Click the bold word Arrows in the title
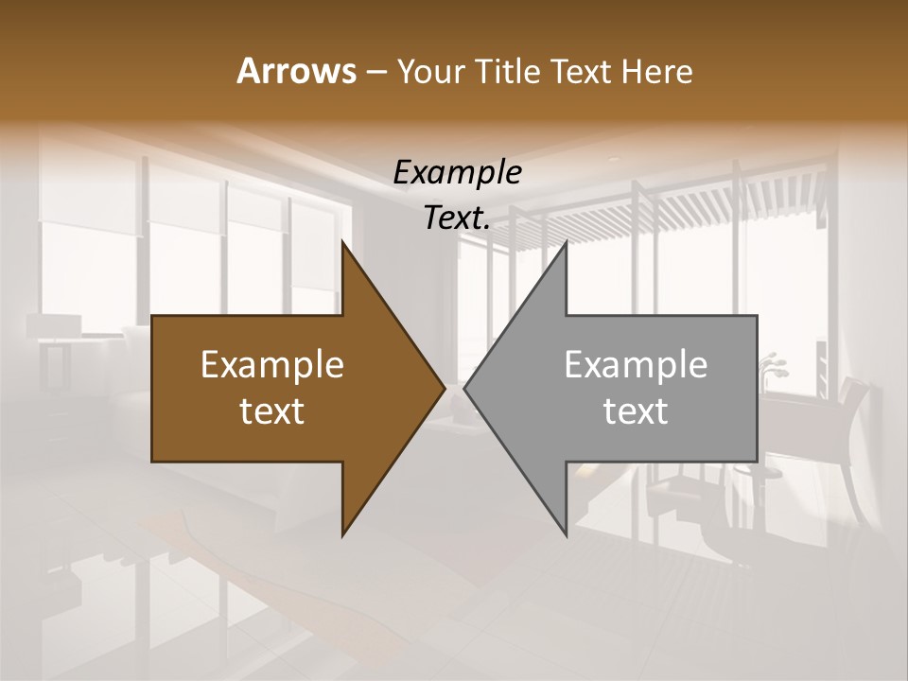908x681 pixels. pos(295,71)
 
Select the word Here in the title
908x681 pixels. pos(657,71)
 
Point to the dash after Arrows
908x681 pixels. pos(375,72)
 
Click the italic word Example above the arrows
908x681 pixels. pos(457,173)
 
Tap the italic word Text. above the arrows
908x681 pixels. pos(457,218)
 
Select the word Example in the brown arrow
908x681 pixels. pos(272,364)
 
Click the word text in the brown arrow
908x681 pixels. pos(272,410)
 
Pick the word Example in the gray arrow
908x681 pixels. pos(636,364)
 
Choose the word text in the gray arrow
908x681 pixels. pos(636,410)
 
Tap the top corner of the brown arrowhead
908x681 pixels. pos(342,243)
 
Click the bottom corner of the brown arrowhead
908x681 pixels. pos(342,534)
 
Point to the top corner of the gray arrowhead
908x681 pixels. pos(566,243)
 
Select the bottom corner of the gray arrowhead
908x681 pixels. pos(566,534)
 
